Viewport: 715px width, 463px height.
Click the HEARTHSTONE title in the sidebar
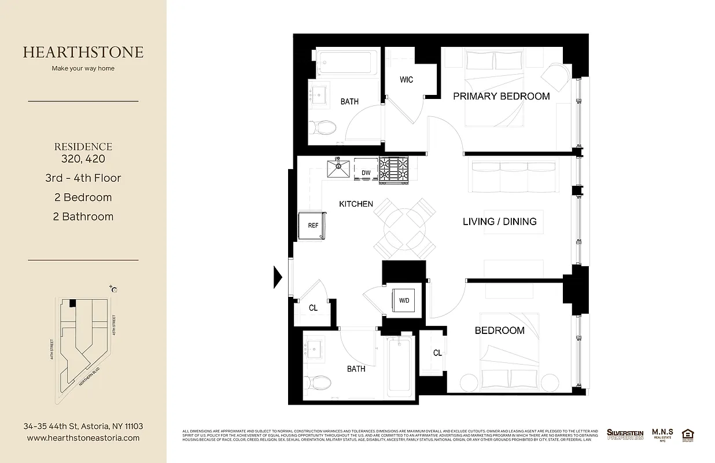pyautogui.click(x=83, y=52)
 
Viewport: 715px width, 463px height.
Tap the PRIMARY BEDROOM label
pyautogui.click(x=501, y=96)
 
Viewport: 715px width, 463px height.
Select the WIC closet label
pyautogui.click(x=407, y=79)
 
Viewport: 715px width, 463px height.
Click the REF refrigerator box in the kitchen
pyautogui.click(x=312, y=226)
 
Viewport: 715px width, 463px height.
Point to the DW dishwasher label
pyautogui.click(x=366, y=172)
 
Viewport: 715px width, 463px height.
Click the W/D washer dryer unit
pyautogui.click(x=403, y=300)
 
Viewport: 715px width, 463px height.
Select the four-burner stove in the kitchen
pyautogui.click(x=394, y=169)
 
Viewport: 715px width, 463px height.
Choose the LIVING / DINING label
pyautogui.click(x=499, y=221)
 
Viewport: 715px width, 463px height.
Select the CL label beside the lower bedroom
pyautogui.click(x=437, y=353)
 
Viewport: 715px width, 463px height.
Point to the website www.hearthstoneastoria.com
pyautogui.click(x=83, y=438)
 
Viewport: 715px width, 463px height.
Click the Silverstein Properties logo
pyautogui.click(x=625, y=434)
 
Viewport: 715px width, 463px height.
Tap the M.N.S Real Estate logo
pyautogui.click(x=662, y=434)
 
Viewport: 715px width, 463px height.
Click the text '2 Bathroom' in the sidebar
pyautogui.click(x=83, y=216)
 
